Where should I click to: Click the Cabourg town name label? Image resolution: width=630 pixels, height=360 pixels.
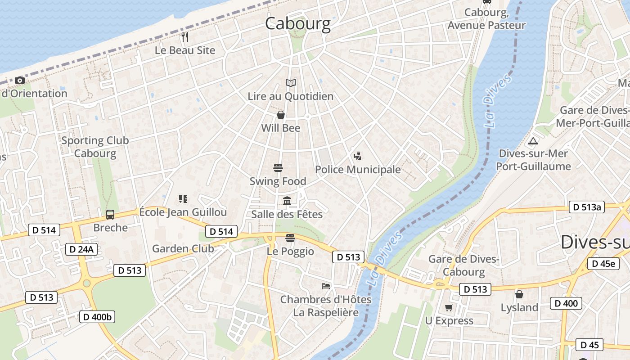pos(297,23)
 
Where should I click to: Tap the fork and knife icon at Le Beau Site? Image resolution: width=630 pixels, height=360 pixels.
pos(185,37)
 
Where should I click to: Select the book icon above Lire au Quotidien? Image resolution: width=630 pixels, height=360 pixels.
pos(291,83)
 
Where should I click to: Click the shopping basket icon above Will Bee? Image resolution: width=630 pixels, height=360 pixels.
pos(281,115)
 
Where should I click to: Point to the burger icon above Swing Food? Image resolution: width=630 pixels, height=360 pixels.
pos(278,168)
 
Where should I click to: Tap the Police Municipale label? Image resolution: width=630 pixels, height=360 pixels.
pos(358,170)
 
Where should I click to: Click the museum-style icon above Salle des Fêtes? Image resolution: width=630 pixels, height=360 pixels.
pos(287,201)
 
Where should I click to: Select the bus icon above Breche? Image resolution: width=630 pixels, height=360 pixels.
pos(110,215)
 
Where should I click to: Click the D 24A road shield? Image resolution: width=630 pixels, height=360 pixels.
pos(81,249)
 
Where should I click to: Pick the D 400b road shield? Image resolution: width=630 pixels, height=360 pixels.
pos(97,317)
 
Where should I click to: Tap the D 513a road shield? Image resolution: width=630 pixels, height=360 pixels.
pos(587,207)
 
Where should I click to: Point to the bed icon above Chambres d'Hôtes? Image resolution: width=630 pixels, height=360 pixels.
pos(326,286)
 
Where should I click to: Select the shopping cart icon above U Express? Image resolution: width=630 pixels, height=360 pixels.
pos(449,308)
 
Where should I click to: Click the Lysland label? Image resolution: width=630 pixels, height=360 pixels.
pos(519,308)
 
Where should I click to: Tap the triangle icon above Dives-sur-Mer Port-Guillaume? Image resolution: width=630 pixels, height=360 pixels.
pos(533,141)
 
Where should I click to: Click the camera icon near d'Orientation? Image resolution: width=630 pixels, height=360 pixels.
pos(19,81)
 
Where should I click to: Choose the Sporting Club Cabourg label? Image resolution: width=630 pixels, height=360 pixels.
pos(95,147)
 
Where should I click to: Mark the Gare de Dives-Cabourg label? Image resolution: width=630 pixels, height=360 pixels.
pos(463,265)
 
